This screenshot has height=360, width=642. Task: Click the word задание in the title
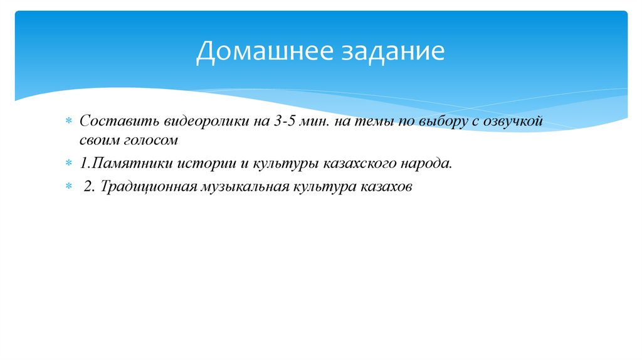click(392, 51)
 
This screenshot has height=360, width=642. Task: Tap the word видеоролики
click(192, 121)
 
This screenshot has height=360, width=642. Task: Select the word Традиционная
click(149, 187)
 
